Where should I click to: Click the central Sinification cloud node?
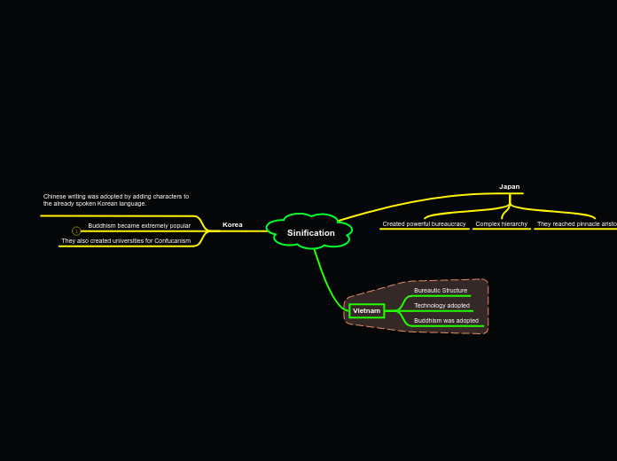tap(310, 232)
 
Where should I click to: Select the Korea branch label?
tap(232, 224)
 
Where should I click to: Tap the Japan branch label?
tap(510, 186)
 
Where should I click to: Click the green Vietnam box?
tap(366, 310)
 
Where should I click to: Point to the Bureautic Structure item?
tap(441, 290)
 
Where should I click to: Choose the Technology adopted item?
tap(441, 305)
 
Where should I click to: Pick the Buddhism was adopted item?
tap(446, 320)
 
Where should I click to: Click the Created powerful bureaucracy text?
tap(424, 223)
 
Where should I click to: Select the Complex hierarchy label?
tap(501, 223)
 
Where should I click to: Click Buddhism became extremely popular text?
tap(139, 225)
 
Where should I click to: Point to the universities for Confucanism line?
tap(126, 240)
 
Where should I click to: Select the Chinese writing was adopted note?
tap(116, 199)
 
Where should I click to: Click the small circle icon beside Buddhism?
tap(76, 230)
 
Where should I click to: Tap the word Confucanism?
tap(172, 240)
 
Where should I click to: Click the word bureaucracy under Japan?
tap(449, 223)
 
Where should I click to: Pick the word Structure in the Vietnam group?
tap(453, 290)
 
